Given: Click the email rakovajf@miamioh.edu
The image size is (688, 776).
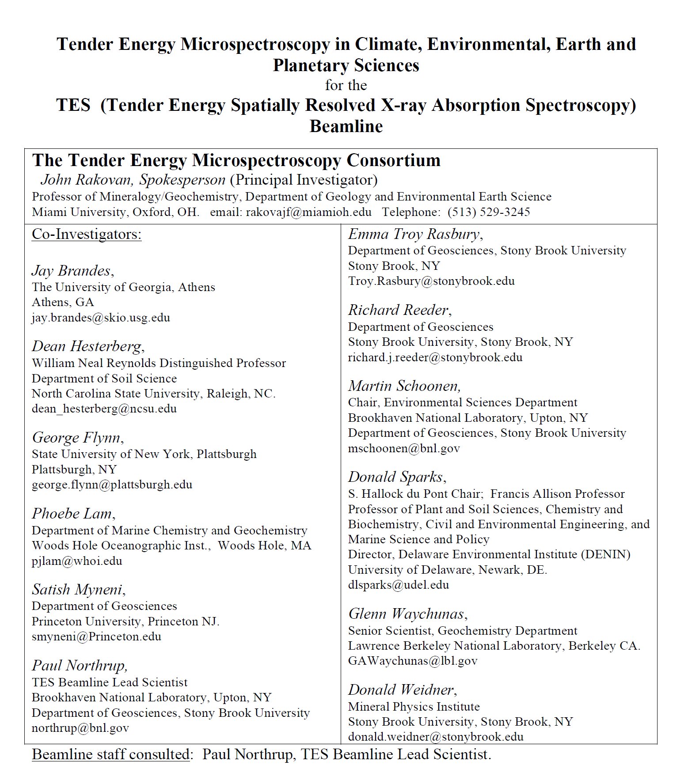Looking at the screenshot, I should pos(308,212).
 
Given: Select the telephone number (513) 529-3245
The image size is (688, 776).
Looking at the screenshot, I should pos(488,212).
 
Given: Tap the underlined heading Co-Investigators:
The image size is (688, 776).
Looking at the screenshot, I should pos(87,234).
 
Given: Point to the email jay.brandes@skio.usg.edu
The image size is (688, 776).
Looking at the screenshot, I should pos(101,318).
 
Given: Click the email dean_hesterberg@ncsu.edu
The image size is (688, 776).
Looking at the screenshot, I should pos(104,409).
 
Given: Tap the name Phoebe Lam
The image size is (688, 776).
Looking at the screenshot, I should pos(73,513).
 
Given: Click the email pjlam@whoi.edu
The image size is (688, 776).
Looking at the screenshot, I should pos(77,561).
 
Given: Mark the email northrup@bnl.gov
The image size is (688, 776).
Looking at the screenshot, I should pos(80,728).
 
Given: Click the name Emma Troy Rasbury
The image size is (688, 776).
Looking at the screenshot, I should pos(415,234).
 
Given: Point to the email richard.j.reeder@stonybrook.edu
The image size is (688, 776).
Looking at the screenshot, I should pos(435,357).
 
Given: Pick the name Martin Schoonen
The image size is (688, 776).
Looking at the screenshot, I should pos(404,386).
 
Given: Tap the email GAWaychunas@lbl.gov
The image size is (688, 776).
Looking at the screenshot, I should pos(413,661).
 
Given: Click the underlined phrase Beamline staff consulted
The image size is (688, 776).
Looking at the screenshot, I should pos(110,754).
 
